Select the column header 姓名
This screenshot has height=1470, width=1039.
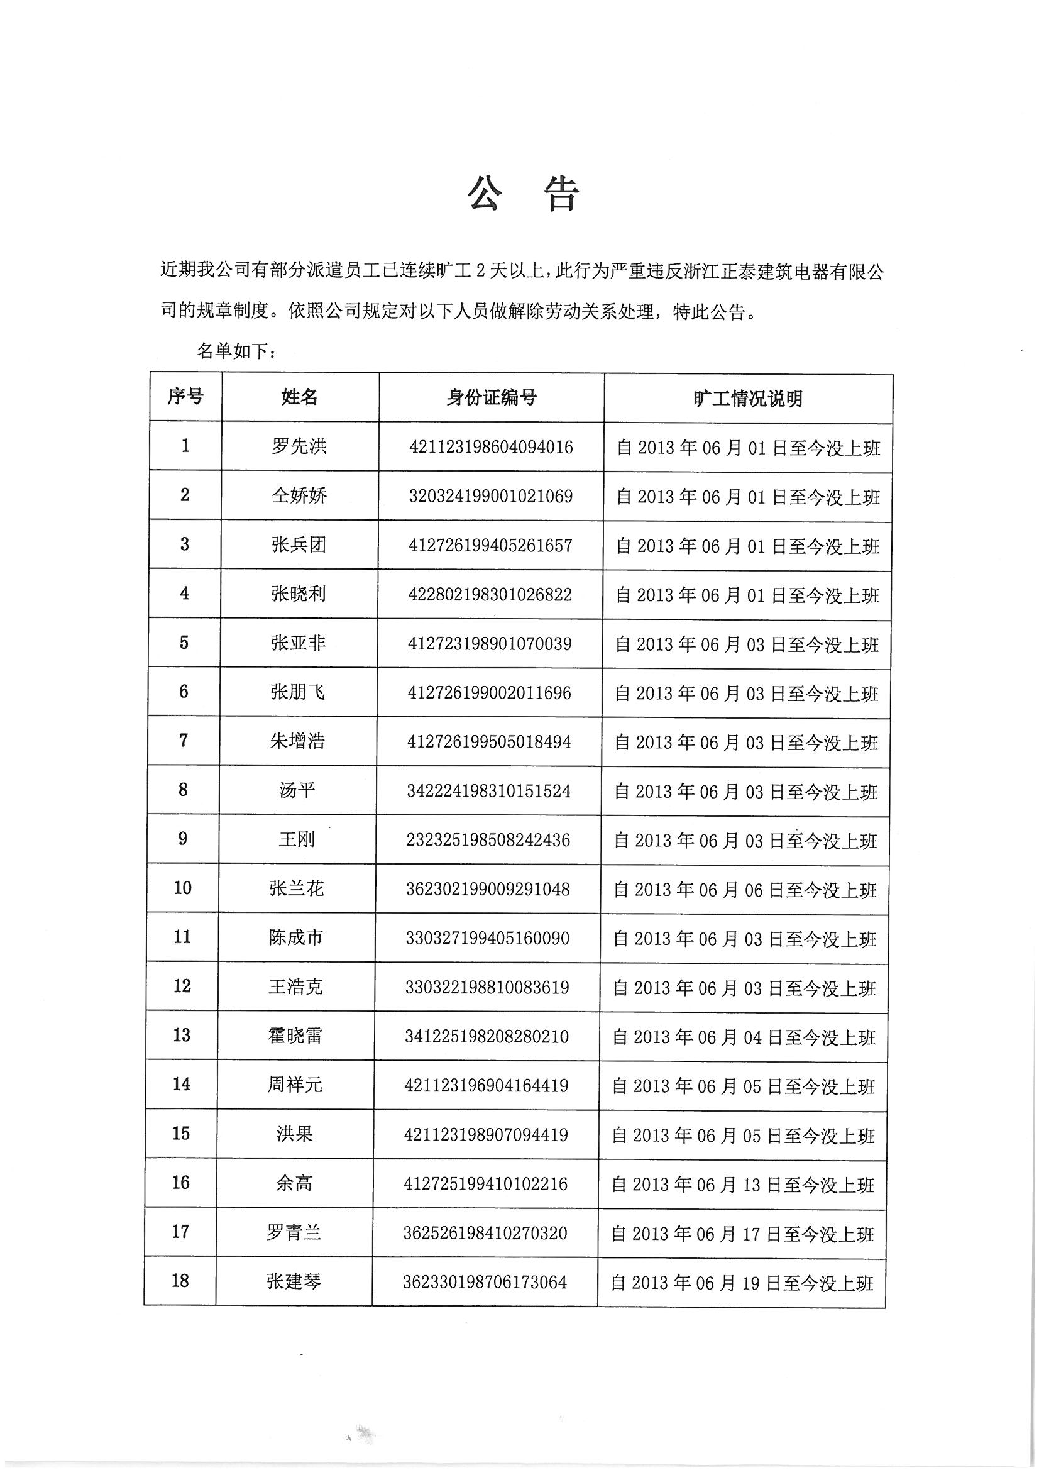click(299, 397)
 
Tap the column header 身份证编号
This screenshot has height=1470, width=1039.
click(491, 397)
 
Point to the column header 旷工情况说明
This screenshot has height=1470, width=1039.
click(748, 398)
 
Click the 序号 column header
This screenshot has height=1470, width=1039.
click(185, 397)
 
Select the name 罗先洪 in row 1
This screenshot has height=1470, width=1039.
click(299, 446)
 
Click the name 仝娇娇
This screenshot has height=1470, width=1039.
click(299, 495)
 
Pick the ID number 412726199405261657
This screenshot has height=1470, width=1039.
click(490, 546)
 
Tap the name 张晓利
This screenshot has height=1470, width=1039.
click(299, 594)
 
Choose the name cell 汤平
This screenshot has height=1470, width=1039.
click(297, 791)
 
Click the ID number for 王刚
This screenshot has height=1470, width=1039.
click(488, 840)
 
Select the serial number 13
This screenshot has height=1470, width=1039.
click(182, 1036)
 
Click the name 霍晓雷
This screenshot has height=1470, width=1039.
click(295, 1036)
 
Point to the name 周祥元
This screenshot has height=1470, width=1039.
click(295, 1085)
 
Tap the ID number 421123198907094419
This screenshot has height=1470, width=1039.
click(486, 1134)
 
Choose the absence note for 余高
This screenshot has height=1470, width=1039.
click(742, 1185)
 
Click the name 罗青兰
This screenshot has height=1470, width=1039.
click(294, 1232)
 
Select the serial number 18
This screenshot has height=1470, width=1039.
click(180, 1281)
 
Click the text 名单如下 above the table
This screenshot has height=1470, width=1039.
click(236, 351)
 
